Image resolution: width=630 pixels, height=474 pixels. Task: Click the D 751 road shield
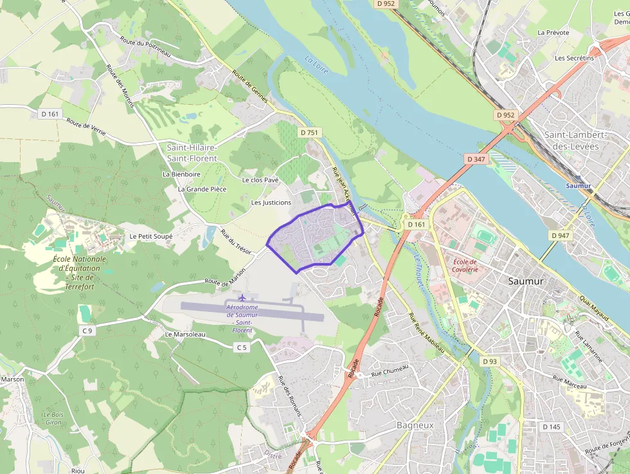[309, 132]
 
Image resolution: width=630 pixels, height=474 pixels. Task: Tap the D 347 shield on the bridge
[476, 158]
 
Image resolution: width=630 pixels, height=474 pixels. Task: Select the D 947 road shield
[560, 235]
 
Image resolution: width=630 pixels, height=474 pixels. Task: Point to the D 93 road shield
[489, 361]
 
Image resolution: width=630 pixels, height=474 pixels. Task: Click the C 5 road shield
[241, 347]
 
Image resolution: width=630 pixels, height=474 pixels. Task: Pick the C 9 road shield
[87, 331]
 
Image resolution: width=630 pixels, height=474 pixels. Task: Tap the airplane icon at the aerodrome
[242, 298]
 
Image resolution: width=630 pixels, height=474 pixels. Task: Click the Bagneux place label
[415, 426]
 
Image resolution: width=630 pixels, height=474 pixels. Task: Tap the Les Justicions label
[271, 203]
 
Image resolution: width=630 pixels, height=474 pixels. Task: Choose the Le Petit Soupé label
[151, 236]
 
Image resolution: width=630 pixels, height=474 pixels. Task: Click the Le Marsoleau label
[185, 334]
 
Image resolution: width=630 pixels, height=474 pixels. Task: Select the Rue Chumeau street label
[390, 370]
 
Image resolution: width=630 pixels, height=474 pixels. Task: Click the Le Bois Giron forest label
[53, 418]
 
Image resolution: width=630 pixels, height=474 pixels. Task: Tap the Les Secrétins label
[574, 58]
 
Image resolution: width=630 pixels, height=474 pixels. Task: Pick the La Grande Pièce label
[202, 189]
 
